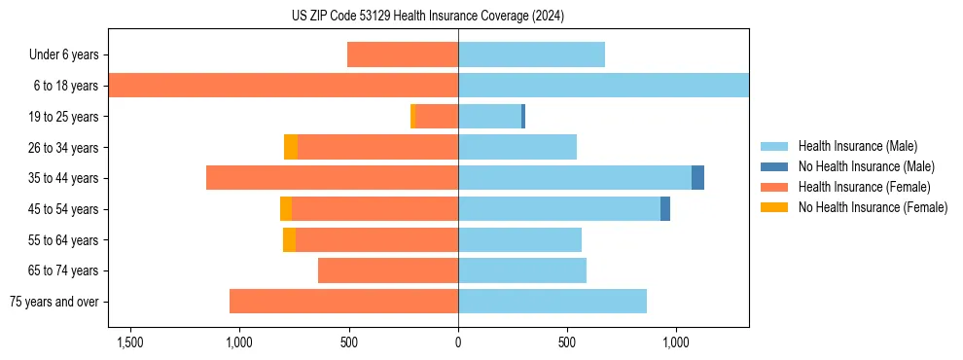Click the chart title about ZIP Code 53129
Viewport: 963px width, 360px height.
click(x=427, y=17)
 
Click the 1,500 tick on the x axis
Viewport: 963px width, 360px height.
click(x=130, y=342)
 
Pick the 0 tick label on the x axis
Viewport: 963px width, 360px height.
click(x=458, y=342)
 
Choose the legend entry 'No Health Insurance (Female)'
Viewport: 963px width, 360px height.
click(x=873, y=207)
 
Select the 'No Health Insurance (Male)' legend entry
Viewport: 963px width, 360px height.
click(x=866, y=166)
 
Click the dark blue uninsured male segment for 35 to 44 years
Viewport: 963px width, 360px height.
click(x=697, y=178)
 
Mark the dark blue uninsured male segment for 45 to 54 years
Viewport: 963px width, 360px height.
click(x=665, y=209)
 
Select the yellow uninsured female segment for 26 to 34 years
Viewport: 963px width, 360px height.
click(x=291, y=147)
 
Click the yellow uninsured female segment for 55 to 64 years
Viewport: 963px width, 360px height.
click(x=289, y=239)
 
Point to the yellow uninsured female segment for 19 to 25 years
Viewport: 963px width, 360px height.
click(x=412, y=117)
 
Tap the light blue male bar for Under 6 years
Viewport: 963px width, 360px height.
click(x=531, y=54)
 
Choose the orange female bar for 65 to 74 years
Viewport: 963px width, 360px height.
click(x=388, y=270)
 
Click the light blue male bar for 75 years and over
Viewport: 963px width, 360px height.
click(x=553, y=302)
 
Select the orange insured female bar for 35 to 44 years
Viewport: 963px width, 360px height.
click(x=332, y=178)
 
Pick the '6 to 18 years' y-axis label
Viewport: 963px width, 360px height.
click(x=65, y=86)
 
